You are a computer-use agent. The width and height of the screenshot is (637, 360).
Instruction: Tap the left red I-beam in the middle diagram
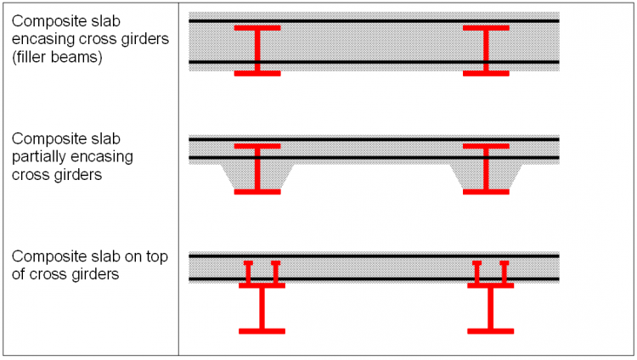click(257, 170)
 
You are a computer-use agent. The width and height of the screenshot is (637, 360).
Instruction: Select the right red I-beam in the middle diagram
click(486, 170)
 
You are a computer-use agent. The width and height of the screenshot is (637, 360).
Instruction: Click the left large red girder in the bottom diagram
click(262, 308)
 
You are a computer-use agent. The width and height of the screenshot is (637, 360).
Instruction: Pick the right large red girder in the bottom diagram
click(491, 308)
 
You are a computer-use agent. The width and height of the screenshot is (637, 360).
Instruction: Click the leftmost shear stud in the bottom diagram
click(248, 273)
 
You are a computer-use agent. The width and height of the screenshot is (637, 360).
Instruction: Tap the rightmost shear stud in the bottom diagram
click(505, 273)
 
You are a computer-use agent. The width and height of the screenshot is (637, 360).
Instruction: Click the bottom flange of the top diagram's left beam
click(257, 73)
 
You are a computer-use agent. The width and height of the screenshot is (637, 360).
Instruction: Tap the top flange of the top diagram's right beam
click(486, 28)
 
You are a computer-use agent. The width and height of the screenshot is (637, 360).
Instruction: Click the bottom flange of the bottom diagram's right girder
click(491, 329)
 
